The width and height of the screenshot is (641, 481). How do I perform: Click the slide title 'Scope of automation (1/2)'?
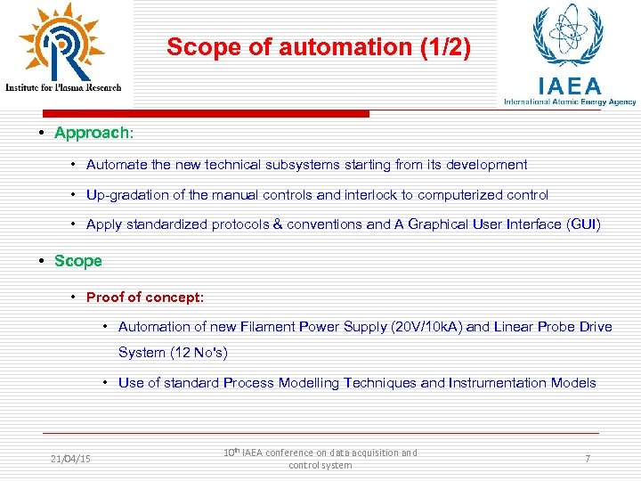pos(319,47)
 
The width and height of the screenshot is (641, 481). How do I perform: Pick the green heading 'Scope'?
pos(78,261)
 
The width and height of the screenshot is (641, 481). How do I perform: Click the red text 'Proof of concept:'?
pos(145,297)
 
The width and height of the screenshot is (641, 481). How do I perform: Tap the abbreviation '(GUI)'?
pos(583,224)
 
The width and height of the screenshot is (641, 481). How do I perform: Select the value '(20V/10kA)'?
pos(426,327)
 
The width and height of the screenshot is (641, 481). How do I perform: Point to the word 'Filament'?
pos(273,327)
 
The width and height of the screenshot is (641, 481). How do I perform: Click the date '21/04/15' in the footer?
pos(71,459)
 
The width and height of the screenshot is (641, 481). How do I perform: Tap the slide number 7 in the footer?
pos(588,458)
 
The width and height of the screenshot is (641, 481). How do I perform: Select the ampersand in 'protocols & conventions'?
pos(277,224)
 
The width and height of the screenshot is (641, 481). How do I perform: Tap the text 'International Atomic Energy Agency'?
pos(570,102)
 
